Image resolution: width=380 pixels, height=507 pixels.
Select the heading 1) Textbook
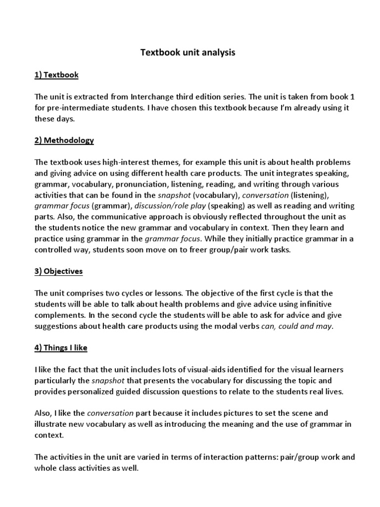click(57, 75)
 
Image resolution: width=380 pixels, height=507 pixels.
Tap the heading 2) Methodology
click(64, 140)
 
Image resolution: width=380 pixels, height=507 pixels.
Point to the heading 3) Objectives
click(59, 271)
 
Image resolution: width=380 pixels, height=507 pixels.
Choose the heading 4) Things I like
click(61, 348)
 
